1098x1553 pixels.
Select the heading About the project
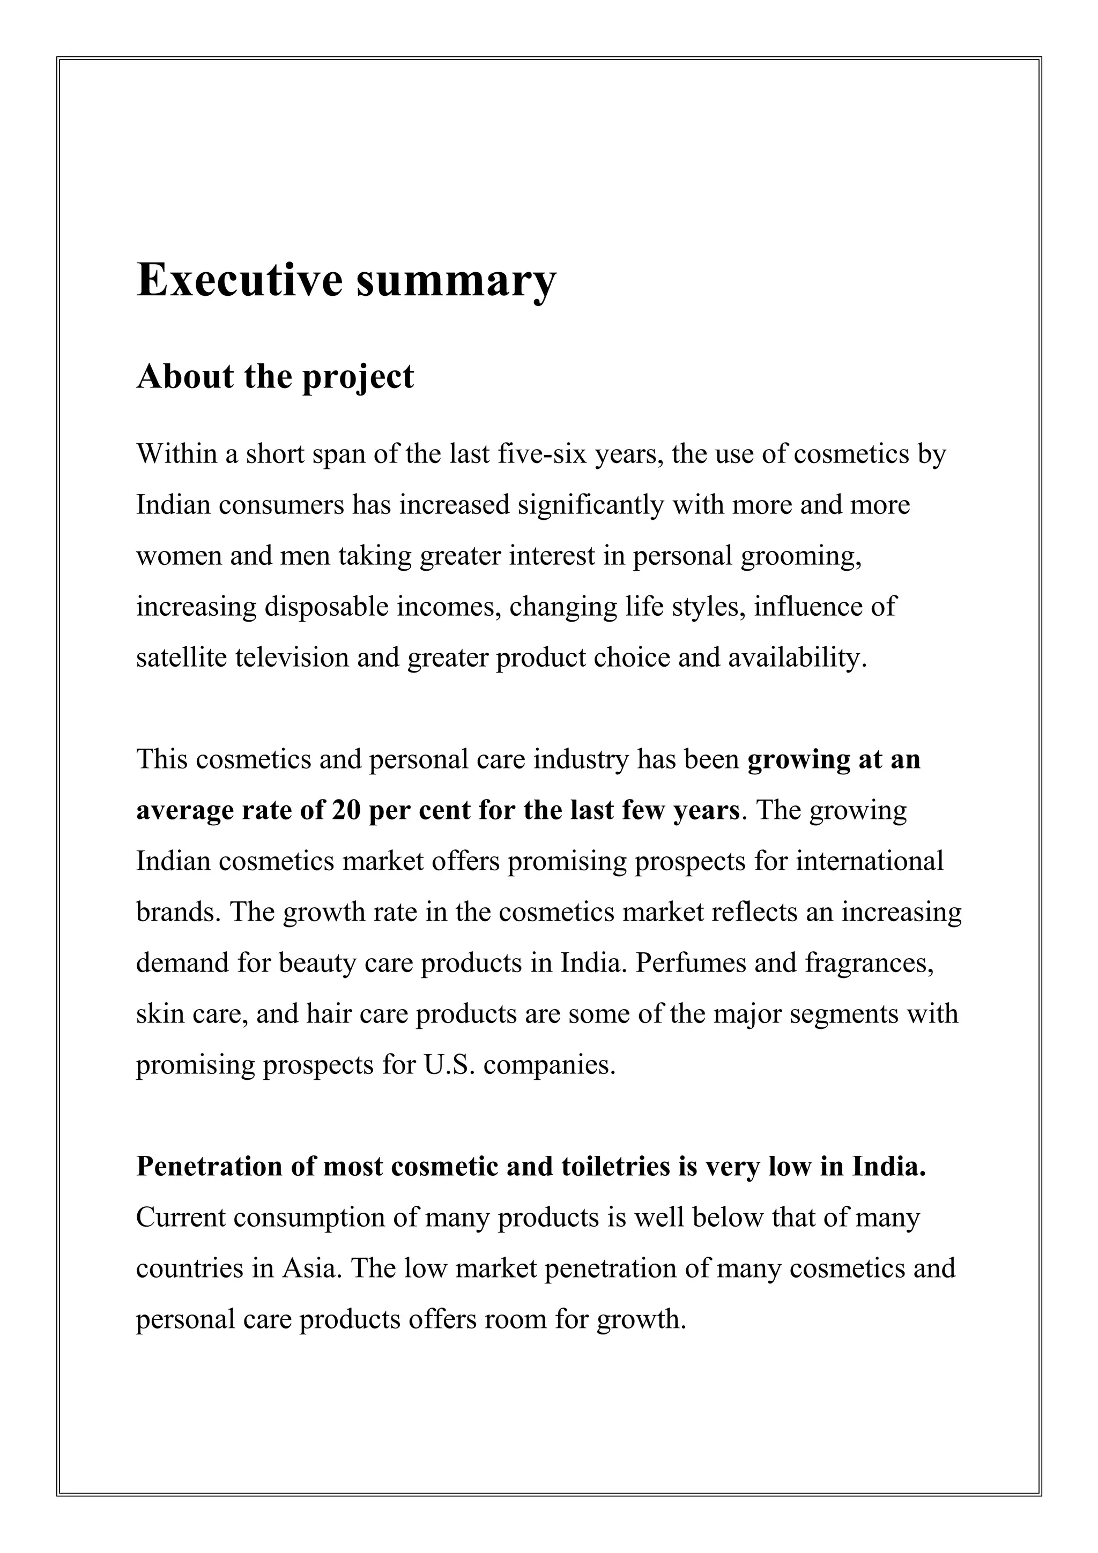pyautogui.click(x=274, y=377)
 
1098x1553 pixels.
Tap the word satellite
pyautogui.click(x=181, y=658)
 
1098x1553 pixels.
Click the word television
pyautogui.click(x=292, y=658)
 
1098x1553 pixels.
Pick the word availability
pyautogui.click(x=797, y=658)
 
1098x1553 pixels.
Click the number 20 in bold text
pyautogui.click(x=346, y=810)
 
